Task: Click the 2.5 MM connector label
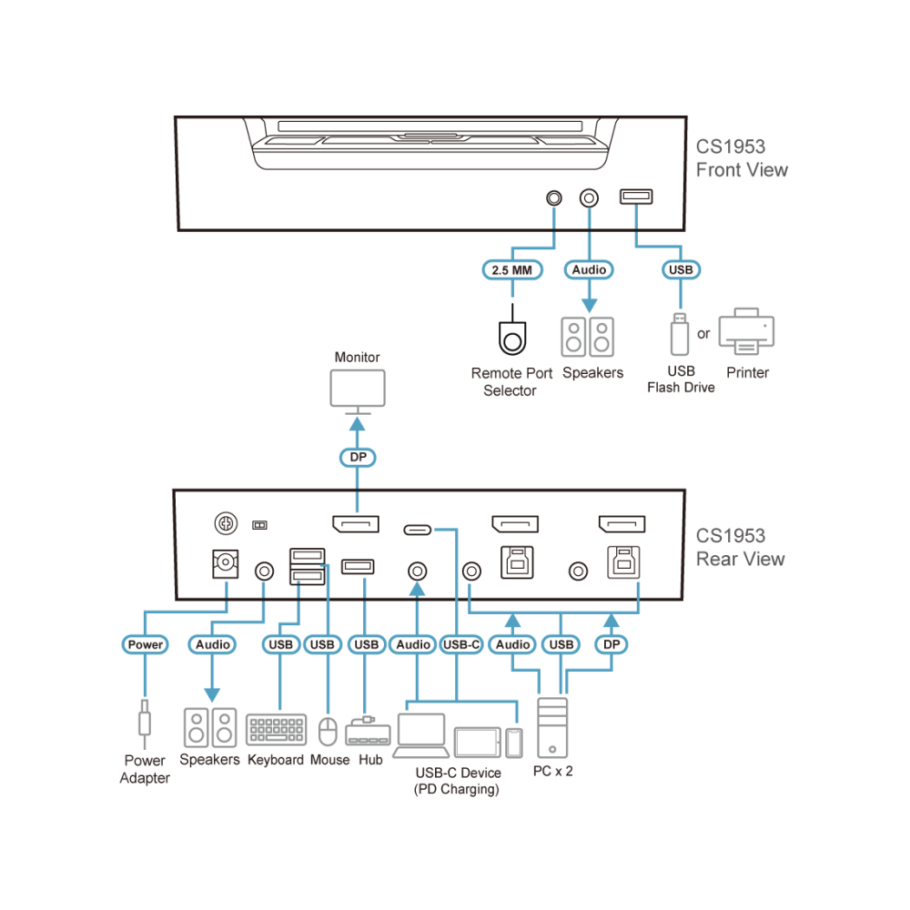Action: (512, 270)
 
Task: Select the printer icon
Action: (746, 331)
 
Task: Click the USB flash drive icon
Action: (680, 334)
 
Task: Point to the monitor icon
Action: (358, 391)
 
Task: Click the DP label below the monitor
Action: (358, 458)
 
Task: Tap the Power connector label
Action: (145, 644)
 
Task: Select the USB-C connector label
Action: (461, 644)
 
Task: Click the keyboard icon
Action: (277, 730)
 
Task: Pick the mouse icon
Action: (328, 732)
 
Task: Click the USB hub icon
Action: (368, 732)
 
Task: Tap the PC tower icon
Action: (552, 728)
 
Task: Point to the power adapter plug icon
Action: (145, 723)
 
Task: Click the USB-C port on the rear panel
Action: (418, 530)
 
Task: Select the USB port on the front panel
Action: (636, 197)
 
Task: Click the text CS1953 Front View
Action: (742, 157)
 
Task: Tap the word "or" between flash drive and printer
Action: (703, 334)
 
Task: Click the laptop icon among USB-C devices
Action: (421, 736)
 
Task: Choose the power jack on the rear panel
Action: (225, 563)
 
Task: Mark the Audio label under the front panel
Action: (589, 270)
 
